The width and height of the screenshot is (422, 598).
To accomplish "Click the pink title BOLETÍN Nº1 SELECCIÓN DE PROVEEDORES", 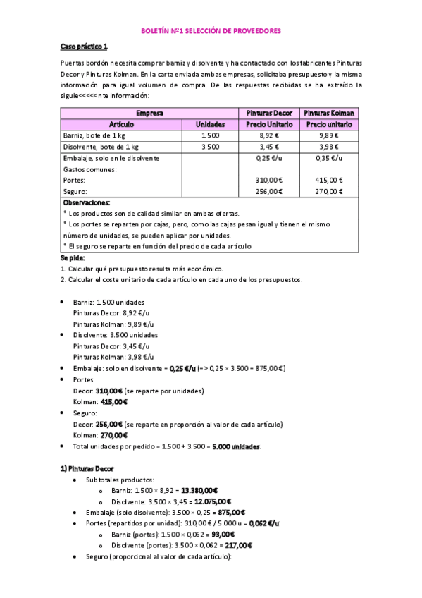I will [211, 32].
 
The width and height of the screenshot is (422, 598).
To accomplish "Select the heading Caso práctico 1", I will [84, 47].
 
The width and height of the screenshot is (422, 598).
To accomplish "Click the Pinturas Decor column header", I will [269, 113].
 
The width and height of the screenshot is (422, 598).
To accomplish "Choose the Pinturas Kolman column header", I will [328, 113].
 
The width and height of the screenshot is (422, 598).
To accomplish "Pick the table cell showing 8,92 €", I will [270, 135].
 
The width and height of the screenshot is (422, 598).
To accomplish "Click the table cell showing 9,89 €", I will [328, 135].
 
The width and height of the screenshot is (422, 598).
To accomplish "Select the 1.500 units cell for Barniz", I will [210, 135].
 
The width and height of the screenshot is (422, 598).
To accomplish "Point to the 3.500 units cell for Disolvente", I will [210, 147].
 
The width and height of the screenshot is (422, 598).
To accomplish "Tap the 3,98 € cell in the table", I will [328, 147].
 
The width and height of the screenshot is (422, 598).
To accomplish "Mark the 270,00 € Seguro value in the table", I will [328, 191].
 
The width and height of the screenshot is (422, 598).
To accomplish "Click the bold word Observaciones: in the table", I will [87, 202].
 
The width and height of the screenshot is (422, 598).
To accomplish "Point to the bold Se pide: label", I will [73, 258].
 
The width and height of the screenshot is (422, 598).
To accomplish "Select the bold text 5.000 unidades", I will [236, 446].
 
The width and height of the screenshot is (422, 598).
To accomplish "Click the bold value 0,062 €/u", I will [263, 523].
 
